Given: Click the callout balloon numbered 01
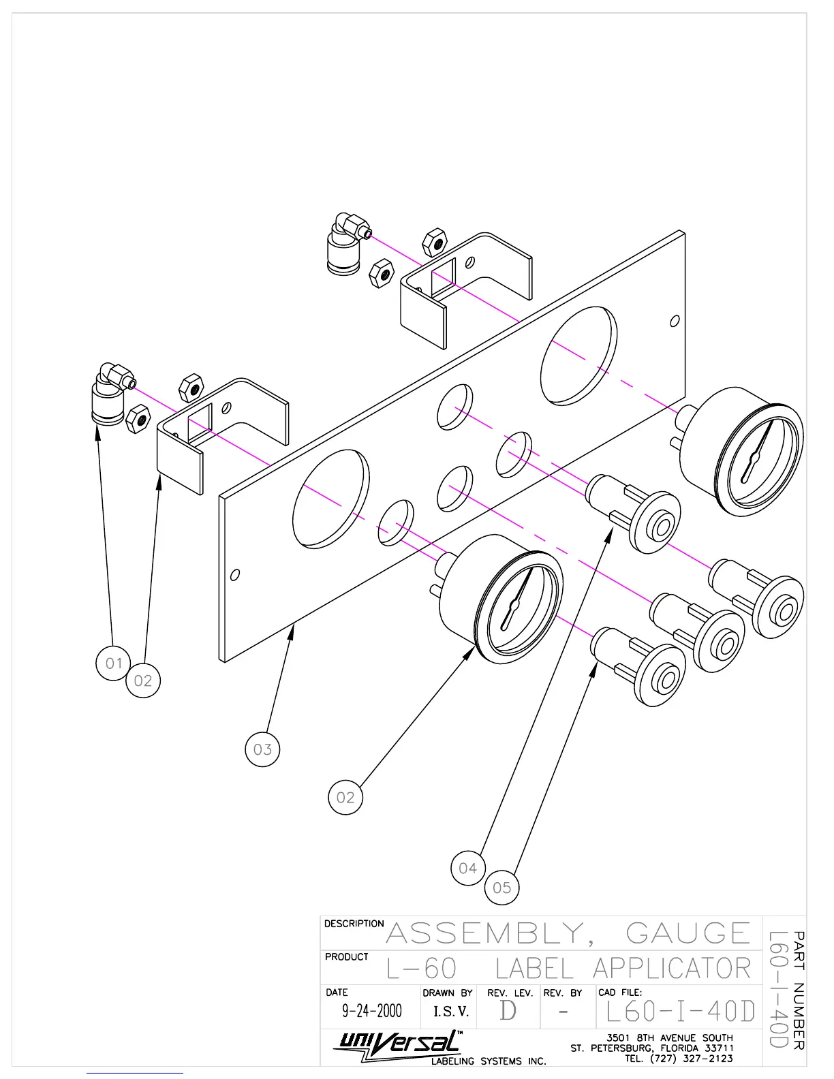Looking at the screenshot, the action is coord(113,663).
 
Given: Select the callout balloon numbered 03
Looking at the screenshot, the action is coord(262,749).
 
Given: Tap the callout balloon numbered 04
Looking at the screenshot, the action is coord(468,868).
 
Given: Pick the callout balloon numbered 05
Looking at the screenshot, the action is coord(501,887).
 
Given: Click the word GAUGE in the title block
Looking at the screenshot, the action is coord(688,933).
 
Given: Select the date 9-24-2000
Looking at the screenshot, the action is coord(371,1011).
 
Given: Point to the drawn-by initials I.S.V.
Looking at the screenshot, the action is coord(451,1012).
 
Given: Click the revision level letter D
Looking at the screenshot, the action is coord(508,1011).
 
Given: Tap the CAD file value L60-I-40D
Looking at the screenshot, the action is coord(680,1012).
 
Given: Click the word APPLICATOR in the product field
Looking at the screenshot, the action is coord(671,968).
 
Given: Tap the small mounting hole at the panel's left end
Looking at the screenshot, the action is coord(235,575).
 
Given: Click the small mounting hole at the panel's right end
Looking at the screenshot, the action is coord(675,321).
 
